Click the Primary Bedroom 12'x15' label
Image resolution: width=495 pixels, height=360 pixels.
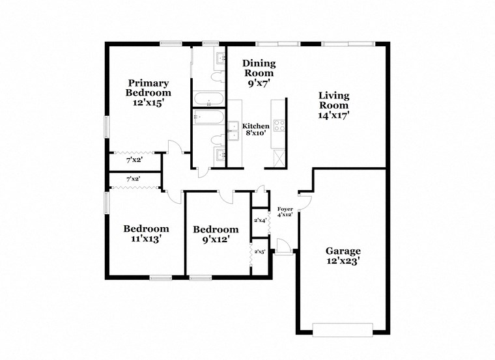(x=148, y=92)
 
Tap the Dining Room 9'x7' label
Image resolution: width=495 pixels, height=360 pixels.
(x=259, y=73)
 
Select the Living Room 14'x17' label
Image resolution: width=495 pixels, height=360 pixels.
(x=333, y=105)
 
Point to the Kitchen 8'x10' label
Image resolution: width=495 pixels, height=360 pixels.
(x=256, y=129)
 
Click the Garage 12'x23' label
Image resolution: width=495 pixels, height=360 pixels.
(x=343, y=256)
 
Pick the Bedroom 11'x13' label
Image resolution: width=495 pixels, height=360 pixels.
(x=147, y=233)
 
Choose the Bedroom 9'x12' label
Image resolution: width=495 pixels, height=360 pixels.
(x=216, y=234)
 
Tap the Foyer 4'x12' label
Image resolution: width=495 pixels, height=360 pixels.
(x=285, y=212)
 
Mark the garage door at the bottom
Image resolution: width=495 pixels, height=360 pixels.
(x=343, y=330)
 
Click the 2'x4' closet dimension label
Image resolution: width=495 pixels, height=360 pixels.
(x=260, y=221)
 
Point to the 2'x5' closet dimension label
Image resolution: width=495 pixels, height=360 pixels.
(x=260, y=251)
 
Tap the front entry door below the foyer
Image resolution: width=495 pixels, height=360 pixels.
(x=282, y=247)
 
